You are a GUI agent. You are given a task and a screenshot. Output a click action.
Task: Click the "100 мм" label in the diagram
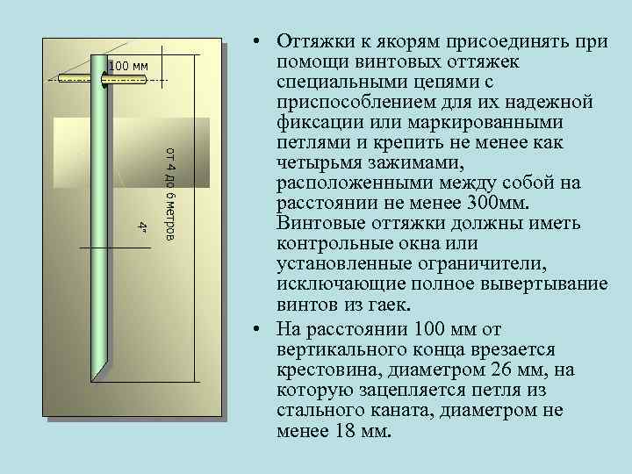coord(129,67)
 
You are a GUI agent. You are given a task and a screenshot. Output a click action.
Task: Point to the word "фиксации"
coord(316,123)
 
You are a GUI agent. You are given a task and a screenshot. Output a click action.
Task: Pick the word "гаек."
coord(386,305)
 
